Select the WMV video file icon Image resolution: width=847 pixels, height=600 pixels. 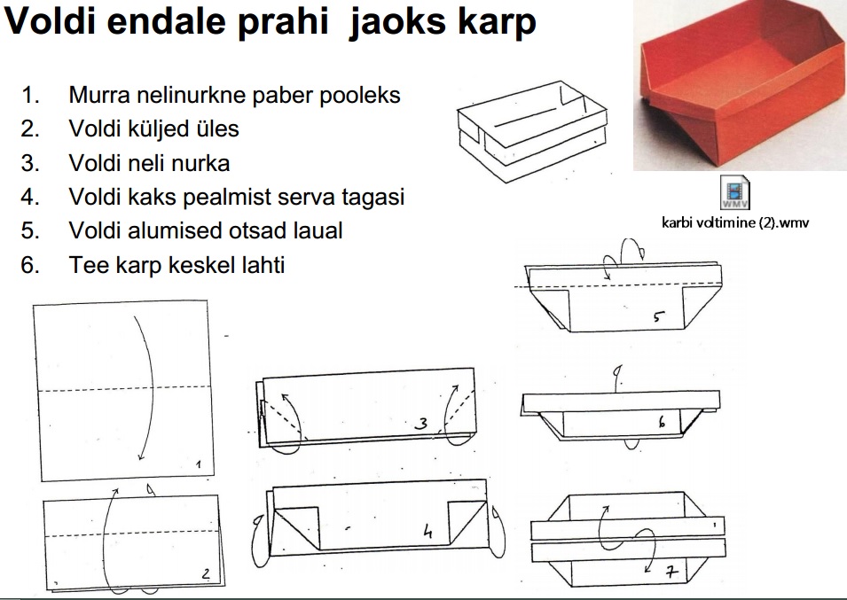tap(737, 192)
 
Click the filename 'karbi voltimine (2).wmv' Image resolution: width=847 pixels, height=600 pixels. tap(735, 222)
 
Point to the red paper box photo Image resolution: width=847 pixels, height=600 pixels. tap(739, 86)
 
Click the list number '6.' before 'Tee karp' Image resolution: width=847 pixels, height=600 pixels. tap(31, 264)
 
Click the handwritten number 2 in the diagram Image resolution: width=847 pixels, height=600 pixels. tap(206, 575)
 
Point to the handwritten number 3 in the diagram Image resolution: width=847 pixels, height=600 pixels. tap(422, 425)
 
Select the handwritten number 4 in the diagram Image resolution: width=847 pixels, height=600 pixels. tap(427, 532)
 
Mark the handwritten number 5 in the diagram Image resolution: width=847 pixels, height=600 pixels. tap(659, 316)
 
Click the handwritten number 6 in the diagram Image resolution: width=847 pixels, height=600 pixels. tap(662, 423)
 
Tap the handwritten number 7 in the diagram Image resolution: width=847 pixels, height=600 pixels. tap(671, 573)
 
